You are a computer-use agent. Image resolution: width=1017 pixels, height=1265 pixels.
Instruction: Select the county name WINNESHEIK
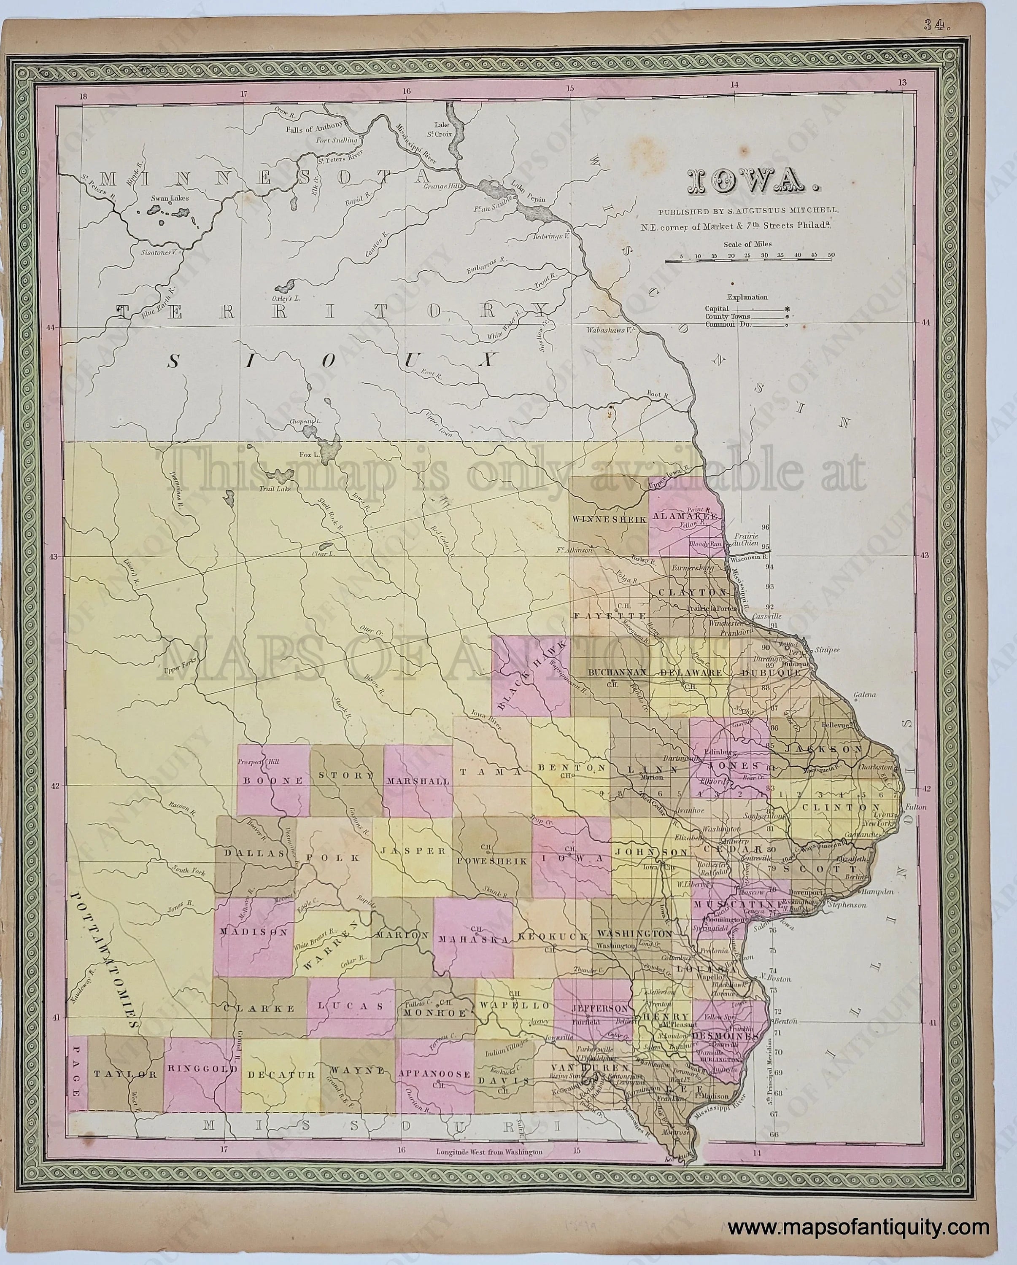point(609,519)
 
